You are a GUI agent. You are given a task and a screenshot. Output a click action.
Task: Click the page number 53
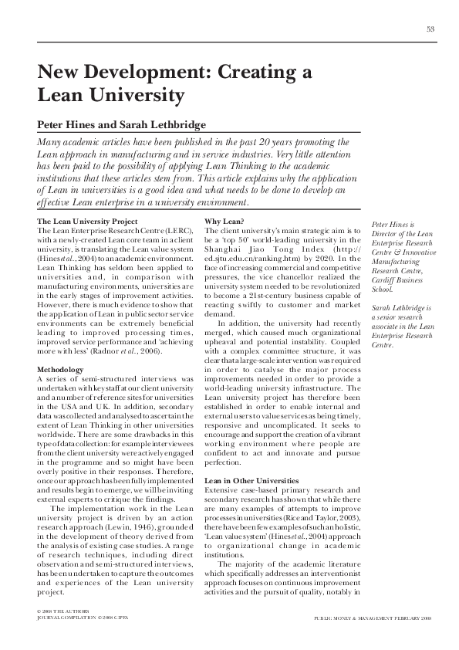[430, 29]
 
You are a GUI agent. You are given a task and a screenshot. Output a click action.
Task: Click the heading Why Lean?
[224, 222]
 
